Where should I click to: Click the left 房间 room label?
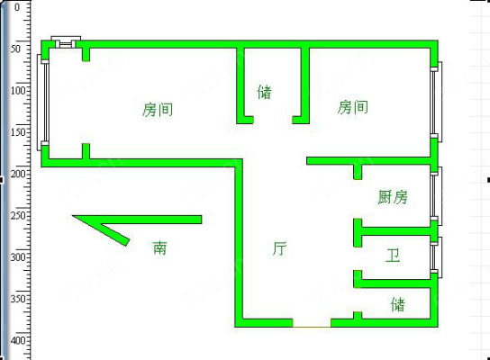158,110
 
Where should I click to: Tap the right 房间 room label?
352,107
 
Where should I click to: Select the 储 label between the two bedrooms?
264,92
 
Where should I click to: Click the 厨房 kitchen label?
393,197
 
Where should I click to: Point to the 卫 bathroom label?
393,255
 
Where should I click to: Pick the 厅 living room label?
279,248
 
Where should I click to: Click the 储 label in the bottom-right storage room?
397,304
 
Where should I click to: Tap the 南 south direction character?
159,247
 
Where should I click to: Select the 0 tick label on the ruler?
17,7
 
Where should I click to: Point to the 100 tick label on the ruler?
18,91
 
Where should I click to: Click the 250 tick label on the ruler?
18,215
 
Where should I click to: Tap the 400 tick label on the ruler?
18,340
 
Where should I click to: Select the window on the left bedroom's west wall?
43,103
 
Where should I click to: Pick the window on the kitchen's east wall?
436,196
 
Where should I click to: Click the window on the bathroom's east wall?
436,257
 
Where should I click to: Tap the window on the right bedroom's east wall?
436,102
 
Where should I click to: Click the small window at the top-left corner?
66,42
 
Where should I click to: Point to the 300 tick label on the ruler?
18,257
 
